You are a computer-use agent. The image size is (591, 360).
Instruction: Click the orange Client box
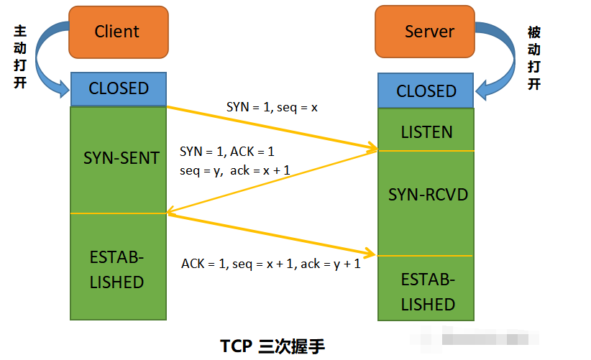[x=118, y=32]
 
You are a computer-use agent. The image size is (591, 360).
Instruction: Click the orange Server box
[x=429, y=32]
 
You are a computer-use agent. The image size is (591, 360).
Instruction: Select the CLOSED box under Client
[x=119, y=88]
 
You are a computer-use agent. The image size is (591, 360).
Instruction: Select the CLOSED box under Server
[x=426, y=91]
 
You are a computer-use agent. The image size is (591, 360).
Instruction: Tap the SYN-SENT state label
[x=121, y=158]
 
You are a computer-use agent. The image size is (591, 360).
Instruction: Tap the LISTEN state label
[x=427, y=132]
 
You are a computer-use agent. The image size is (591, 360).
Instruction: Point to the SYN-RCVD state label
[x=427, y=195]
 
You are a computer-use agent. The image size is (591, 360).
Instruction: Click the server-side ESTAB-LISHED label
[x=428, y=292]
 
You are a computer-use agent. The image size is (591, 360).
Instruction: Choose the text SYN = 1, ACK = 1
[x=227, y=152]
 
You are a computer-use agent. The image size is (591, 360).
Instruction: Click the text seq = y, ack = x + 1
[x=234, y=170]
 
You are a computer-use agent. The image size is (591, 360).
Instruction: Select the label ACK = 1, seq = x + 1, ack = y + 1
[x=270, y=264]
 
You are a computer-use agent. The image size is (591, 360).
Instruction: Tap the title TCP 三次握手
[x=272, y=346]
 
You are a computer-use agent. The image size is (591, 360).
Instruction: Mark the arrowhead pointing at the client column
[x=171, y=211]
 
